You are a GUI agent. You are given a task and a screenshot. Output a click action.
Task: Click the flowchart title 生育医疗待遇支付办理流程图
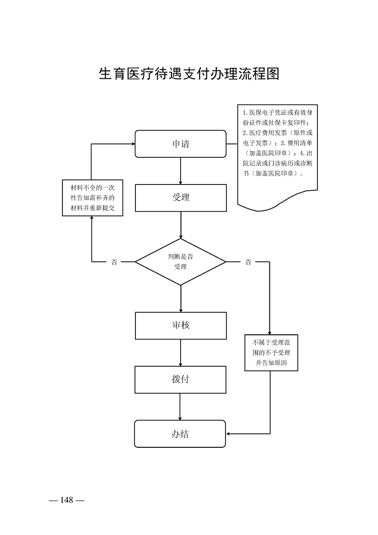tap(189, 74)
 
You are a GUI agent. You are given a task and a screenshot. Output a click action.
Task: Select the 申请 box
tap(181, 144)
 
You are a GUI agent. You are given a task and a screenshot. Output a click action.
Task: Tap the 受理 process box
tap(181, 198)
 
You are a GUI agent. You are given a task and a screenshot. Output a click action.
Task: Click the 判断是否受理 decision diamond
tap(181, 262)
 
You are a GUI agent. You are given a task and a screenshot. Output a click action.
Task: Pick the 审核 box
tap(181, 326)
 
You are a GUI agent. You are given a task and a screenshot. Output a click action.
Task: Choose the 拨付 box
tap(181, 380)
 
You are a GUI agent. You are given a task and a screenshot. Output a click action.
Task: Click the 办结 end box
tap(180, 433)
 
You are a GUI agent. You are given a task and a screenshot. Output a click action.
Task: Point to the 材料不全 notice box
tap(92, 198)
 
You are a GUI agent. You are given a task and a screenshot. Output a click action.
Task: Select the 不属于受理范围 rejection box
tap(271, 352)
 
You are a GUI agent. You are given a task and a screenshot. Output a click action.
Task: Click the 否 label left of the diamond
tap(114, 262)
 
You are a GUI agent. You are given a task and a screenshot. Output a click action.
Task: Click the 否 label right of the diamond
tap(248, 262)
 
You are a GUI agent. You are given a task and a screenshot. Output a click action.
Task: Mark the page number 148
tap(67, 500)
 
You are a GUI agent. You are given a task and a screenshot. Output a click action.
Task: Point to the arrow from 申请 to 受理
tap(181, 171)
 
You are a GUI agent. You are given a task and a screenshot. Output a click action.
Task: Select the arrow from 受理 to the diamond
tap(181, 225)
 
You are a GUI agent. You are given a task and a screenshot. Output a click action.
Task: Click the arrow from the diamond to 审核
tap(181, 298)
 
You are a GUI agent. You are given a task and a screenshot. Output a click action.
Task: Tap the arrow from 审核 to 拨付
tap(181, 353)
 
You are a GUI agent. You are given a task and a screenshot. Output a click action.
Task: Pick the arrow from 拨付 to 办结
tap(180, 407)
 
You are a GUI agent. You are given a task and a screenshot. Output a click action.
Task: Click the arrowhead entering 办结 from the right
tap(228, 433)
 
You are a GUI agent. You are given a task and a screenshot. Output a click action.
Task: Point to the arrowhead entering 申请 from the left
tap(133, 144)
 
